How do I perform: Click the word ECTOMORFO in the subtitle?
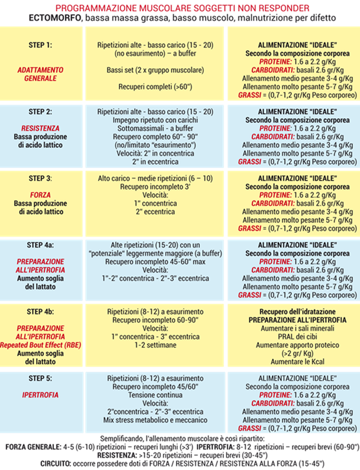(55, 19)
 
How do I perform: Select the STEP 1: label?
(41, 45)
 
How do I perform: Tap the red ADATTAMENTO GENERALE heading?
(41, 73)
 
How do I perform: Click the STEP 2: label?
(41, 111)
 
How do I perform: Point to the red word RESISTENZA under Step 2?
(41, 127)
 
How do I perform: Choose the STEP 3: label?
(41, 177)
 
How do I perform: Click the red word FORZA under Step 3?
(41, 193)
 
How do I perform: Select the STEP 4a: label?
(41, 244)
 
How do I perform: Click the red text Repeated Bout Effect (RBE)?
(41, 344)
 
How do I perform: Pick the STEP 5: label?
(41, 377)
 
